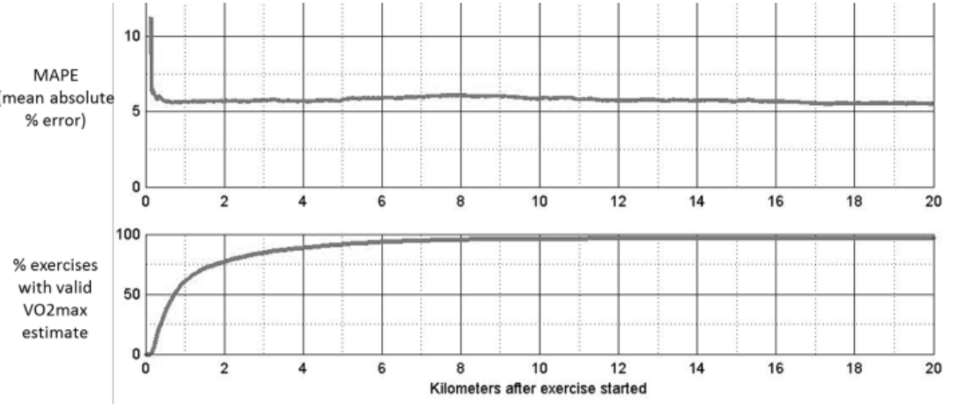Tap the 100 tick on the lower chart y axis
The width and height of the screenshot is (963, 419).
click(129, 236)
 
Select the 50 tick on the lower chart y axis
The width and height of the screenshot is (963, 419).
click(131, 295)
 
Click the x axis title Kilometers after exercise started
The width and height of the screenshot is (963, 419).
click(538, 387)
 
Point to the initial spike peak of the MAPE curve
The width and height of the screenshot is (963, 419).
click(151, 18)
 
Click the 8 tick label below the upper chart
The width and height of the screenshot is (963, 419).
click(460, 202)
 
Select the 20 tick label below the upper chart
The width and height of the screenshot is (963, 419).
click(933, 202)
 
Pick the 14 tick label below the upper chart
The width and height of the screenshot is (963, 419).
click(697, 202)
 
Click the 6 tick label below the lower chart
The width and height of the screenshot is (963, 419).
click(382, 370)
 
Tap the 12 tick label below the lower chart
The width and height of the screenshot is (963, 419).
click(618, 370)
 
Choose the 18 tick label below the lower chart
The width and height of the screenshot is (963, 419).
click(854, 370)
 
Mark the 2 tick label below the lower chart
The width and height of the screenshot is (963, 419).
click(224, 370)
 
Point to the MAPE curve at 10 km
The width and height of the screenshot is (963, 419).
click(540, 97)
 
